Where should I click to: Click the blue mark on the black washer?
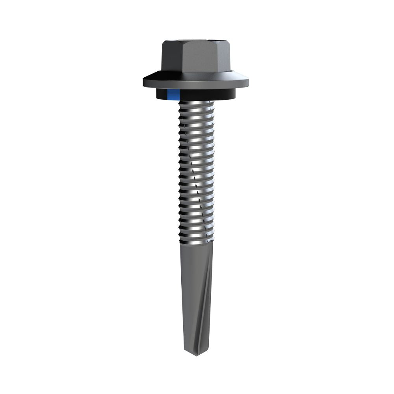(173, 95)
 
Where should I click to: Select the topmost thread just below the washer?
(196, 104)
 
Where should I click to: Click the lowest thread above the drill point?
(196, 238)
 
